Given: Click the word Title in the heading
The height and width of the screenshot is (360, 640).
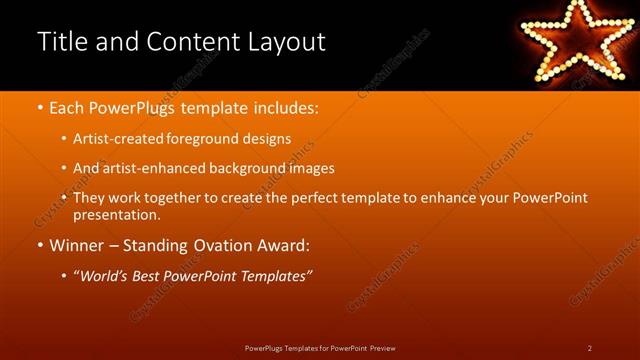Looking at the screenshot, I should click(61, 42).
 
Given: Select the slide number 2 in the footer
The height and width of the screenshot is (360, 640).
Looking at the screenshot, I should click(589, 348).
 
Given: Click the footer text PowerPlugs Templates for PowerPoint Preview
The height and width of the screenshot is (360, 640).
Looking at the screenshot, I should click(320, 348).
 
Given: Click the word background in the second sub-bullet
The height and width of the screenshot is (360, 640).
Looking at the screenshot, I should click(243, 168).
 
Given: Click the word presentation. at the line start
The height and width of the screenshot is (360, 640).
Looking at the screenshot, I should click(116, 214).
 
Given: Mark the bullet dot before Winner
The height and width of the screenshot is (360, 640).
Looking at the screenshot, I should click(40, 245).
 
